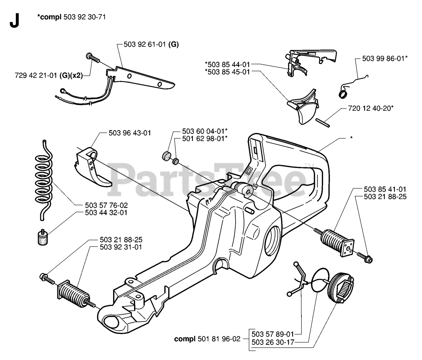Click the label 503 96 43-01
130,133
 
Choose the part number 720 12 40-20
371,108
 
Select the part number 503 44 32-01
106,213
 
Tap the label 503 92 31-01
121,247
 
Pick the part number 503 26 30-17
272,343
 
